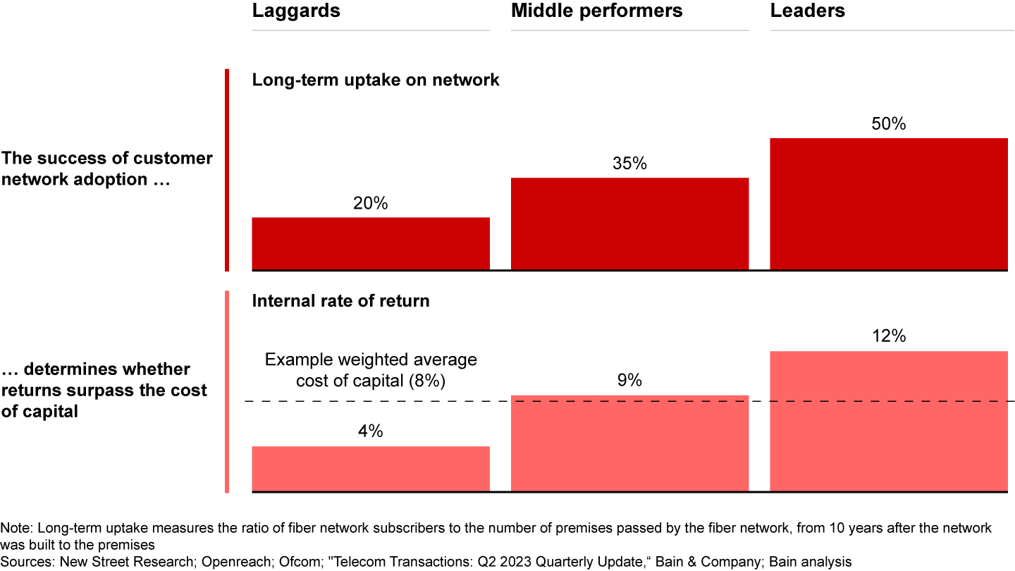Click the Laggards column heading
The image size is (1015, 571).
click(296, 11)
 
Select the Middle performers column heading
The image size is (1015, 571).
click(596, 11)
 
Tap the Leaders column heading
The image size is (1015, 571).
click(807, 11)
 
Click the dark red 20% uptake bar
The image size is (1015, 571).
click(371, 243)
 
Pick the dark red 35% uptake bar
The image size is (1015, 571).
click(629, 223)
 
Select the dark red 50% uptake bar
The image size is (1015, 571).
click(888, 204)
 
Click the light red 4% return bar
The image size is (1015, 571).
click(371, 469)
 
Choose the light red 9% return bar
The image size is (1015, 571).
click(629, 443)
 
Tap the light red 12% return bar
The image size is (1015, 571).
click(888, 421)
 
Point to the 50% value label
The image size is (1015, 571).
click(888, 124)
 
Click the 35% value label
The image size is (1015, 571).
click(629, 164)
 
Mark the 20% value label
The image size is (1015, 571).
click(371, 203)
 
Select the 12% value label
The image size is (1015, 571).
click(888, 336)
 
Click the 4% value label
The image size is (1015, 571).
click(371, 431)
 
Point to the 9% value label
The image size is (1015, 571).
click(629, 381)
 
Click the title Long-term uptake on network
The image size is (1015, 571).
click(376, 80)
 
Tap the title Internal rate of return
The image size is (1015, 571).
click(340, 300)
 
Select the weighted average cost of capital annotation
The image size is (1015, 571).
click(371, 370)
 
